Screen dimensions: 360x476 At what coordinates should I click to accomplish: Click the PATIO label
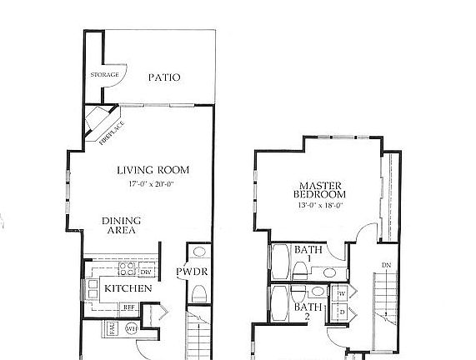[x=164, y=77]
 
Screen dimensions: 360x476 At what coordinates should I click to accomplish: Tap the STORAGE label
[x=105, y=75]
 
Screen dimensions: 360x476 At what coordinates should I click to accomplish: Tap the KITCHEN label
[x=128, y=288]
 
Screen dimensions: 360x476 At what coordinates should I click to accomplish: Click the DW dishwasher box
[x=145, y=272]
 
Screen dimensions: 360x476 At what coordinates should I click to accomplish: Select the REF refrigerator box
[x=129, y=307]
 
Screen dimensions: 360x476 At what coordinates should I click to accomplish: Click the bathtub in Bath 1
[x=279, y=261]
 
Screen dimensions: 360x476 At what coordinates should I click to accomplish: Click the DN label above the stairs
[x=385, y=266]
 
